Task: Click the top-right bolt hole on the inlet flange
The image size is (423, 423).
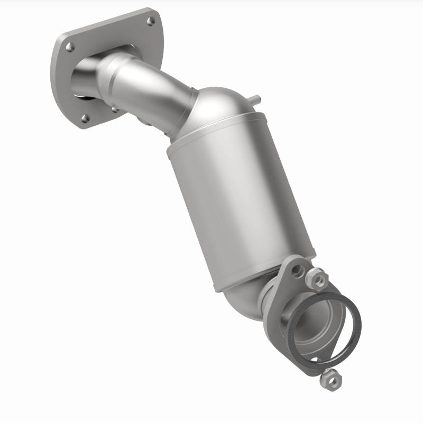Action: pos(151,22)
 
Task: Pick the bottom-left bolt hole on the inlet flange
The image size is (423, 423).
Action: pos(85,118)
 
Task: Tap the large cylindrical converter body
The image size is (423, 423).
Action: pos(238,201)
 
